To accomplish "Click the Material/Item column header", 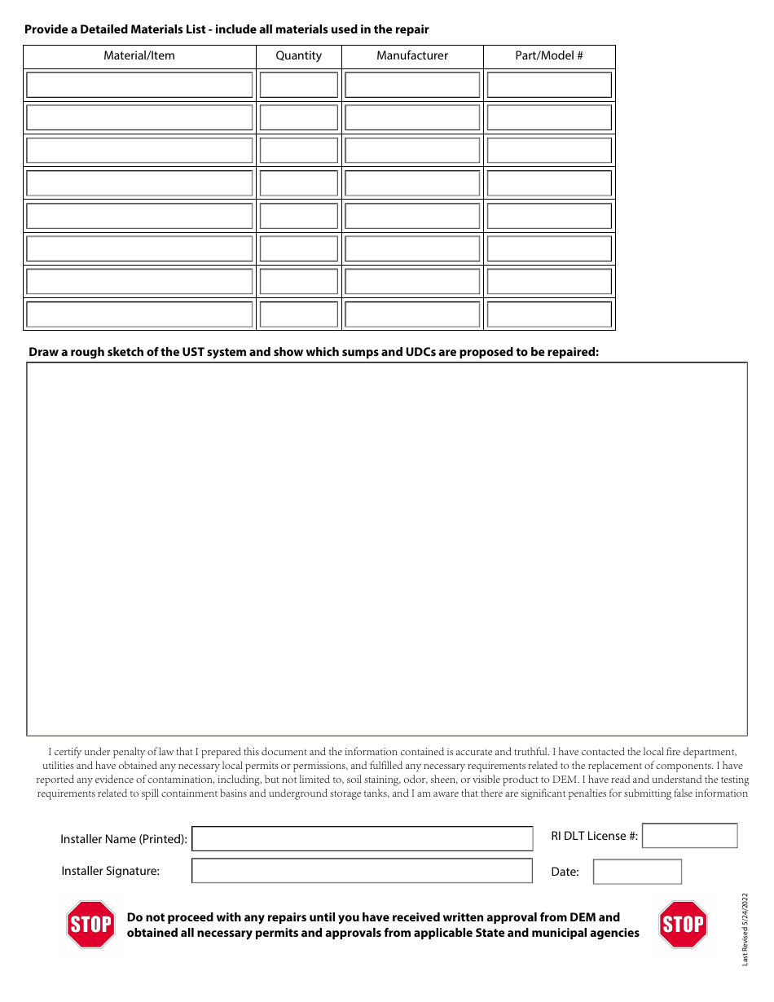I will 139,56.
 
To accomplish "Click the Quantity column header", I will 298,56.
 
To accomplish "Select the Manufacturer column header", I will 412,56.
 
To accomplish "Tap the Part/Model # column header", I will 549,56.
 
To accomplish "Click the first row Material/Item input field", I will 139,86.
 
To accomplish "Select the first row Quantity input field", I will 298,86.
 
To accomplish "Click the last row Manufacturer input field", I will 412,314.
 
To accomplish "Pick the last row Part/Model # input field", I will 549,314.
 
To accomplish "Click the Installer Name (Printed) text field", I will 362,839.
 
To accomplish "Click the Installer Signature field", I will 362,871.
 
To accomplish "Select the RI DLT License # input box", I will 689,836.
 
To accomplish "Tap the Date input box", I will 637,872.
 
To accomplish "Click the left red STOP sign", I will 90,925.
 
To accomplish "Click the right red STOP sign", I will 683,925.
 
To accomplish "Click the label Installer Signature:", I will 111,872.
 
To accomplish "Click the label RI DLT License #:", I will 595,836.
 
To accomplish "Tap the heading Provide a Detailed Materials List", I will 226,29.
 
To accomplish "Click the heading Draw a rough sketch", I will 314,353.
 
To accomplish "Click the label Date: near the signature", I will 565,872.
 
